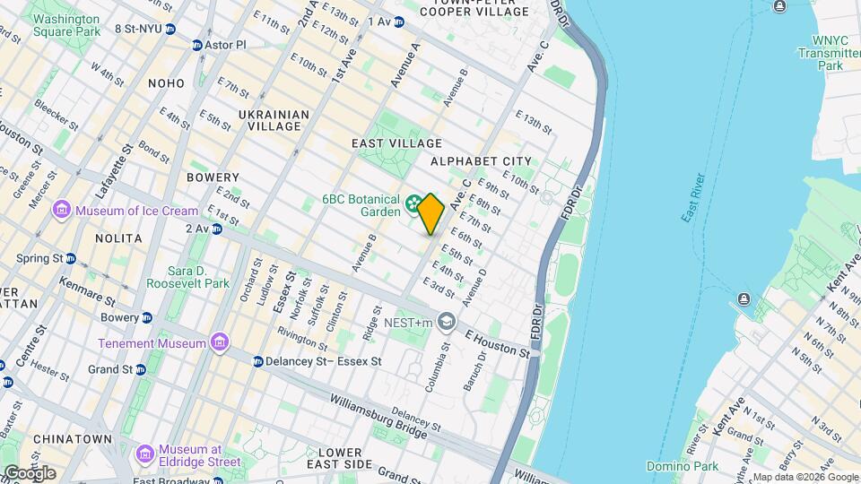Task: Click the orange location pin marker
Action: click(x=430, y=214)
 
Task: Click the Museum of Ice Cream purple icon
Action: click(x=62, y=211)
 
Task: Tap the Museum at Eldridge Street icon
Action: click(x=144, y=455)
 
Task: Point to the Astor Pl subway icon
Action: click(x=196, y=44)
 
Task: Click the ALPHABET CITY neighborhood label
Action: click(x=481, y=161)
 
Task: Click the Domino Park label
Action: click(x=682, y=466)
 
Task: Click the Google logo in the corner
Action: click(x=30, y=472)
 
